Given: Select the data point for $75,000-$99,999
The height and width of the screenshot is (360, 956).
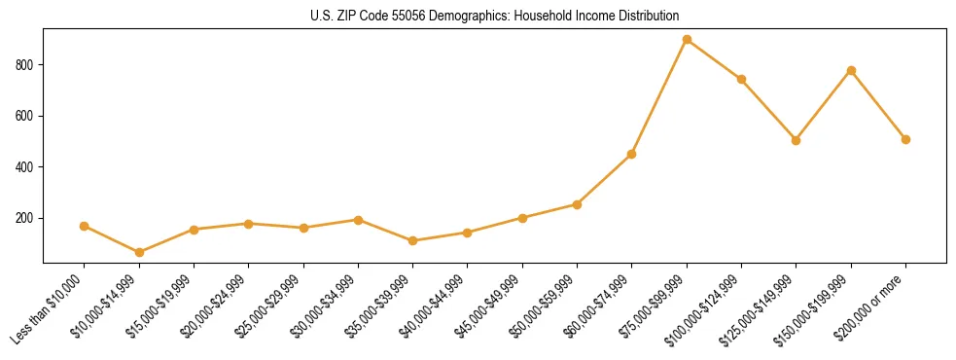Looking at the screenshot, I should point(687,40).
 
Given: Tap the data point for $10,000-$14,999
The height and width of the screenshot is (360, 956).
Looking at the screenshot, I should point(139,252).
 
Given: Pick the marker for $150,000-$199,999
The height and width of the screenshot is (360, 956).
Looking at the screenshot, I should point(851,70).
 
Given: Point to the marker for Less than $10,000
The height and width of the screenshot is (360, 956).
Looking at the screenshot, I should point(85,226).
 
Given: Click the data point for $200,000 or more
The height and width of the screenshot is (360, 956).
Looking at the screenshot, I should point(905,139).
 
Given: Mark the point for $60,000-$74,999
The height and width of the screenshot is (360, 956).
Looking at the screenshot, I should point(632,154).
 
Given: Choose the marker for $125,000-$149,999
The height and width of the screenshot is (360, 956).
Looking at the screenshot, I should point(797,140).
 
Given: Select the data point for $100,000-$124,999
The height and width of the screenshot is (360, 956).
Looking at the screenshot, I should point(741,79).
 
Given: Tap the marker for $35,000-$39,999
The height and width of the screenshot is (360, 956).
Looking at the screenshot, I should point(413,240).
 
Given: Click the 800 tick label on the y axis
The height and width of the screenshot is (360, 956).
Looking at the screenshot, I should point(26,65).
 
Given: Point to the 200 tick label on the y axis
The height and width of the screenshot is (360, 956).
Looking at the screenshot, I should point(26,218).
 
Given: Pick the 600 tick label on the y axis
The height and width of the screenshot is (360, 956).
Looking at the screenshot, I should point(26,116).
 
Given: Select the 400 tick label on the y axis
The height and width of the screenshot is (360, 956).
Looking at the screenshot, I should point(26,167).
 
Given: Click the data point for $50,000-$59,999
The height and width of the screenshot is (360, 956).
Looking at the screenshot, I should point(577,204).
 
